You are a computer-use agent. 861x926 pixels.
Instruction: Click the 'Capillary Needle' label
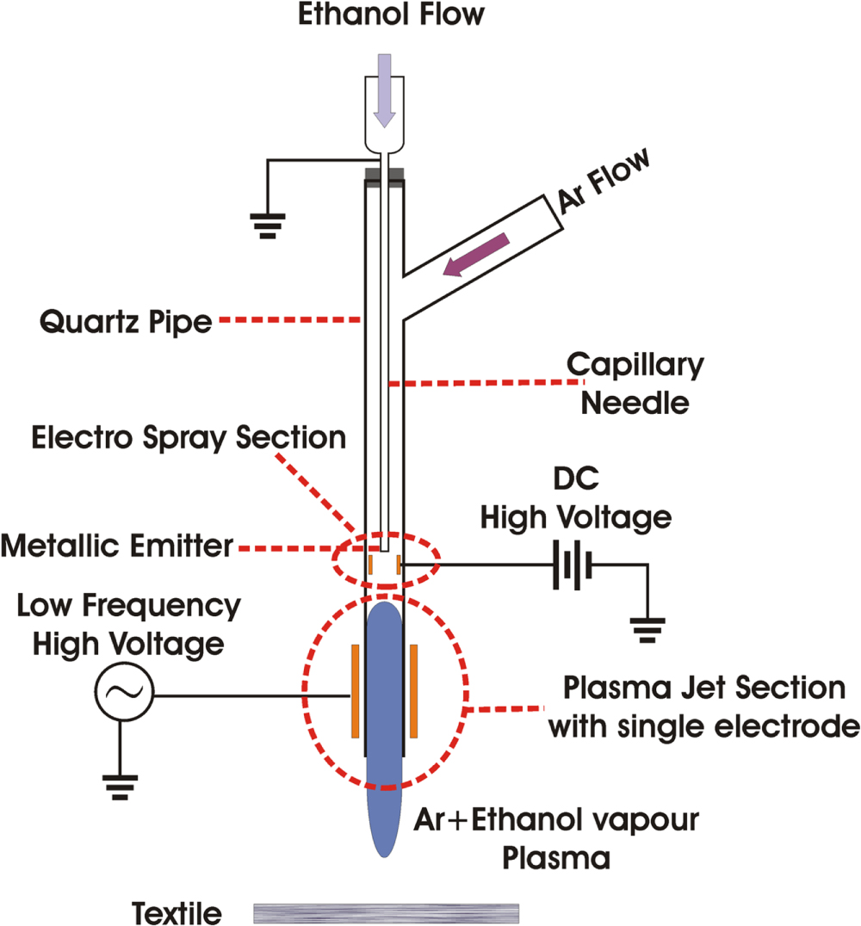tap(635, 384)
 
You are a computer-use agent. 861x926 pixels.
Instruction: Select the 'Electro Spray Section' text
tap(189, 437)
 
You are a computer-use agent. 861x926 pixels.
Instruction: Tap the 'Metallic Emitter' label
tap(117, 546)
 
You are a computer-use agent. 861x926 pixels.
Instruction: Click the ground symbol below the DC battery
tap(647, 633)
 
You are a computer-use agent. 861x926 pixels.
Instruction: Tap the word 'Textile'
tap(177, 911)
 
